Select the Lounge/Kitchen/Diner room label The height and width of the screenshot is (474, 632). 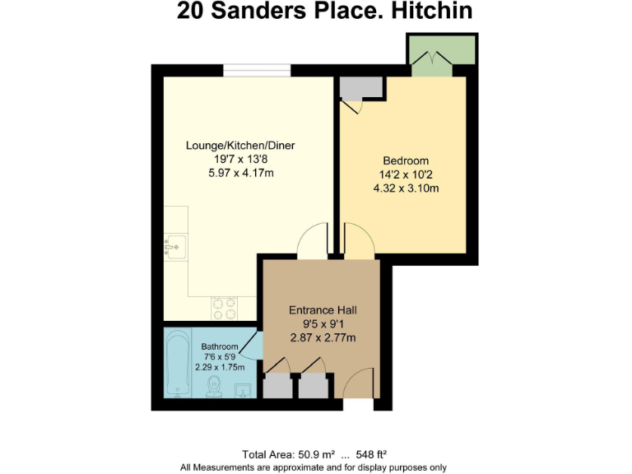pos(240,146)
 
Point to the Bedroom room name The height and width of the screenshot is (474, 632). pos(406,160)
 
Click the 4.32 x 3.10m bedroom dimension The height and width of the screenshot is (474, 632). pos(406,188)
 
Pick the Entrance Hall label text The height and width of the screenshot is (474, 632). pos(323,310)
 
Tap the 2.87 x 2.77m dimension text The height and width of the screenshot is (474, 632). pos(323,337)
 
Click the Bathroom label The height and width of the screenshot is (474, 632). pos(220,346)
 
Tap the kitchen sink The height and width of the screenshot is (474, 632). pos(174,244)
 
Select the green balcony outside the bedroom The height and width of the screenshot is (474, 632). pos(441,51)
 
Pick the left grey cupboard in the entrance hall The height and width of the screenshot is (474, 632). pos(277,385)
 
